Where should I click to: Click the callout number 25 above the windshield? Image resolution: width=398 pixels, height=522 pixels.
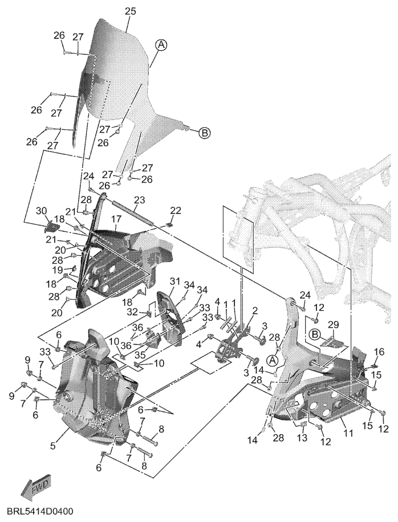point(130,11)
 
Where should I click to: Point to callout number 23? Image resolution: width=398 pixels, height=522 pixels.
point(140,200)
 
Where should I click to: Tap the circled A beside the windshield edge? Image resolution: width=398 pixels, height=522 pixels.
point(161,44)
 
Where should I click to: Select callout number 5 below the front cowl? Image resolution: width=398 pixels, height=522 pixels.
point(52,446)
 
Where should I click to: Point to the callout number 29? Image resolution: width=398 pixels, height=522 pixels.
point(333,324)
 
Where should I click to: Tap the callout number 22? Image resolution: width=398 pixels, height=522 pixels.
point(176,211)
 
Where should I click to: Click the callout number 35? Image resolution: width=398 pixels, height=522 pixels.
point(140,355)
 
